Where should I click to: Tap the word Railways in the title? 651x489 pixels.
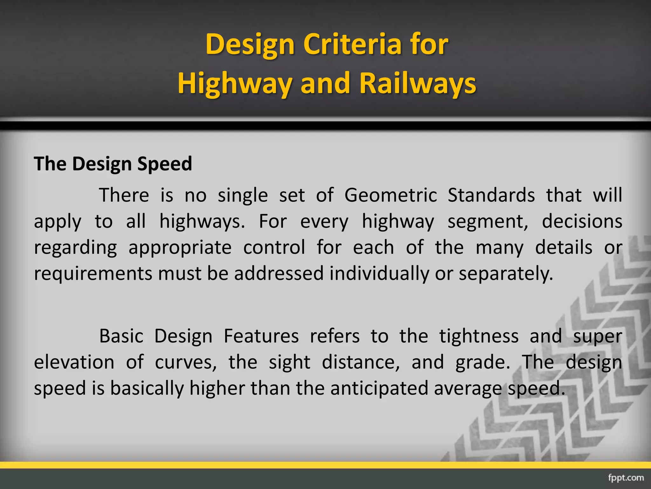[418, 83]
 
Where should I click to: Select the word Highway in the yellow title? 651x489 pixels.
[234, 83]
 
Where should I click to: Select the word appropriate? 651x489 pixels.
[180, 248]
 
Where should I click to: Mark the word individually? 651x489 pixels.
[379, 274]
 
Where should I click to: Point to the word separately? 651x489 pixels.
[506, 274]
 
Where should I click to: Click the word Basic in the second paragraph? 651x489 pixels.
[121, 336]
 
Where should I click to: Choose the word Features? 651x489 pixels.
[261, 336]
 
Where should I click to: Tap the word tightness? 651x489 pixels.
[479, 336]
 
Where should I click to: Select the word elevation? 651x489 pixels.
[74, 362]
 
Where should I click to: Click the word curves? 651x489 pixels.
[186, 362]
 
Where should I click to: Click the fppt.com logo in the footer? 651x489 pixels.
[626, 478]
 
